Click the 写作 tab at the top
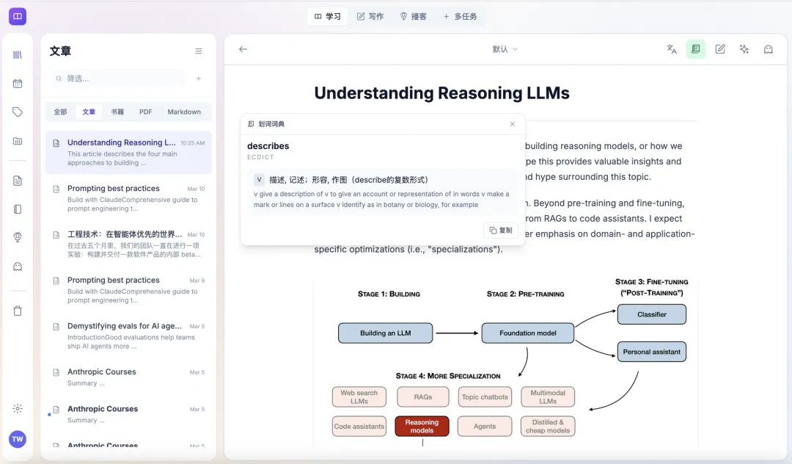coord(370,16)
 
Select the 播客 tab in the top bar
coord(413,16)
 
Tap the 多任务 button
coord(460,16)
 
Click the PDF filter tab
coord(146,112)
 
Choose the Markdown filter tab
coord(184,112)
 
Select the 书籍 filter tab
coord(117,112)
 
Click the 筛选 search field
coord(121,79)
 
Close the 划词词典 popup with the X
coord(513,124)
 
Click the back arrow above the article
coord(243,49)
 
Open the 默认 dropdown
coord(505,49)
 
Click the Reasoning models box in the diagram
coord(422,427)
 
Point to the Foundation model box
coord(528,333)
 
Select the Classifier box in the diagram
coord(652,314)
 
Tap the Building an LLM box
coord(386,333)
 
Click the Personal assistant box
coord(652,352)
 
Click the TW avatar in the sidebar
coord(18,439)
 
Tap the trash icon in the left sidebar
coord(18,311)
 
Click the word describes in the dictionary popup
coord(268,146)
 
